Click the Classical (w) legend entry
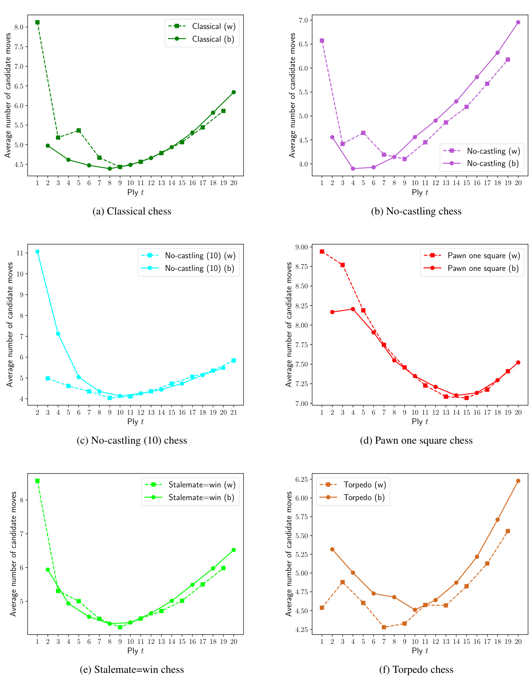214,27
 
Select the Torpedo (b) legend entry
364,497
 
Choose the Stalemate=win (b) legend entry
201,497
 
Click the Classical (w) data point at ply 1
37,22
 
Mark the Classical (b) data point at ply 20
233,92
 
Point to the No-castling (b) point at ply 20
518,22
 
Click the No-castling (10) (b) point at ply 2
37,251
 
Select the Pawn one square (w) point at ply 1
322,251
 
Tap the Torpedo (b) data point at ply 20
518,481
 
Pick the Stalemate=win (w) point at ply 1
37,481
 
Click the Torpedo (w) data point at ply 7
384,627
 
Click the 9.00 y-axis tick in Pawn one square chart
302,247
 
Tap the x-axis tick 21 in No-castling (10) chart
233,413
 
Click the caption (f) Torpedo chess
416,670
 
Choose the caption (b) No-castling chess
416,211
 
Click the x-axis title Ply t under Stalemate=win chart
135,651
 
